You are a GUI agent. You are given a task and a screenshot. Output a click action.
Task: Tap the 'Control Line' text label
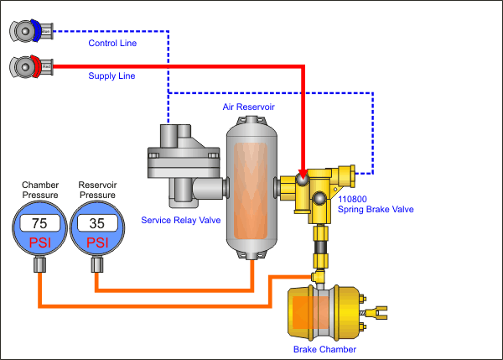111,43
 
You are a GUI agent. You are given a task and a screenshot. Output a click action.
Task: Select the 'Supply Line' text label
111,76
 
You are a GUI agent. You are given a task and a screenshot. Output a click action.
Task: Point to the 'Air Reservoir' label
248,107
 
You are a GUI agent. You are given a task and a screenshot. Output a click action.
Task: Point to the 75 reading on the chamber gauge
39,223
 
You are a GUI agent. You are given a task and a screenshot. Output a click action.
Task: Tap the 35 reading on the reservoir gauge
96,223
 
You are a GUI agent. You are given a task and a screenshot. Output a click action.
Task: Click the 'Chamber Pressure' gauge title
39,190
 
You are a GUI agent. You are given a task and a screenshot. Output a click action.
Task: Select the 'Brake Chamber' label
324,348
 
